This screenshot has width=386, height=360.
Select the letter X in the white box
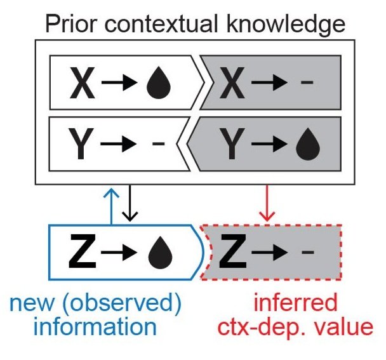(83, 84)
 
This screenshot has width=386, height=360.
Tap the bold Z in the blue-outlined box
(84, 252)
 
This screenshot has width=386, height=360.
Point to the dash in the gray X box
(307, 85)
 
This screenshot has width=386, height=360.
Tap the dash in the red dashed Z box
(307, 252)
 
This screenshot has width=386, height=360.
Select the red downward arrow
(267, 203)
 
